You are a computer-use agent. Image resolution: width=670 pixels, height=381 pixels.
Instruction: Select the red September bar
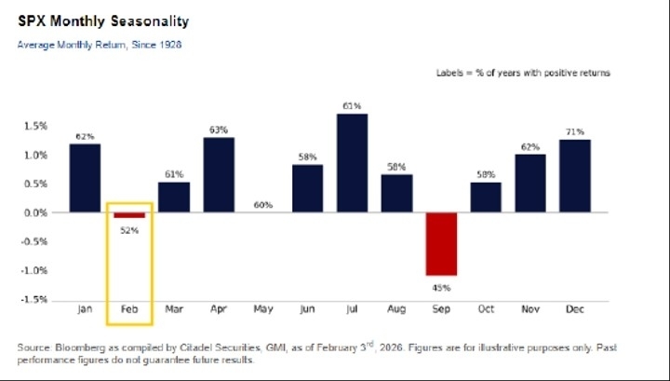click(x=441, y=243)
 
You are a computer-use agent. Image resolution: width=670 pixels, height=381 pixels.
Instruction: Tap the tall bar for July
click(x=352, y=163)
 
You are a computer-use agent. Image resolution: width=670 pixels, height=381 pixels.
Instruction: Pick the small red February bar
click(x=129, y=215)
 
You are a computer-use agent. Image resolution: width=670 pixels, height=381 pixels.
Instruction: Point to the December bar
click(x=575, y=176)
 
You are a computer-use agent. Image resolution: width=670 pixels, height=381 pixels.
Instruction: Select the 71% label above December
click(x=575, y=131)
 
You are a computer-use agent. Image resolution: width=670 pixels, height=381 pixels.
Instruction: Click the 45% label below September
click(x=441, y=288)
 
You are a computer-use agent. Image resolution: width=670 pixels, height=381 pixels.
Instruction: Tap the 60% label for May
click(x=263, y=204)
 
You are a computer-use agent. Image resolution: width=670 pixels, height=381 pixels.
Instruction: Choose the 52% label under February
click(x=129, y=230)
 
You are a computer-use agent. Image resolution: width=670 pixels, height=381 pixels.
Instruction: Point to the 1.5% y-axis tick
click(x=35, y=126)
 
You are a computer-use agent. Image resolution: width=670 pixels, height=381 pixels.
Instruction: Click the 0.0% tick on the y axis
click(x=35, y=212)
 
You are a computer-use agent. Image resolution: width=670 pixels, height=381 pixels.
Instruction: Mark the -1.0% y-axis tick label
click(x=34, y=271)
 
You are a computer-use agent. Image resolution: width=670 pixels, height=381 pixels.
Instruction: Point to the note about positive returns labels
click(x=523, y=73)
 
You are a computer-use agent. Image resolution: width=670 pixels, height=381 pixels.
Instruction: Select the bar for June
click(x=307, y=189)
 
